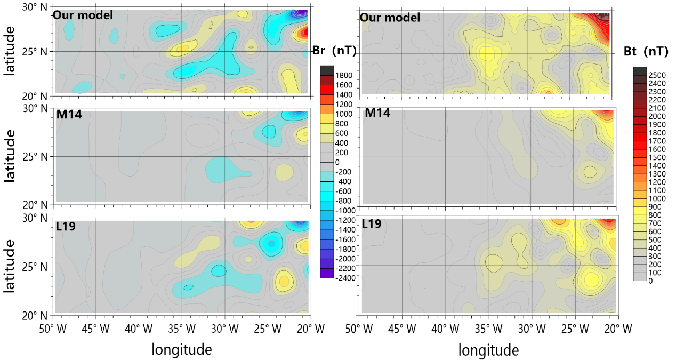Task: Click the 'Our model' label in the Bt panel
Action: tap(390, 18)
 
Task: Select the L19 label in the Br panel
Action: tap(66, 226)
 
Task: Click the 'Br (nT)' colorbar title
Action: tap(331, 51)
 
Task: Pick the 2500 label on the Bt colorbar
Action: tap(661, 75)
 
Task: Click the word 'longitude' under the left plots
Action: tap(182, 349)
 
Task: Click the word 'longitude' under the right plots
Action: tap(488, 350)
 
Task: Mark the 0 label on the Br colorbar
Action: tap(337, 162)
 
